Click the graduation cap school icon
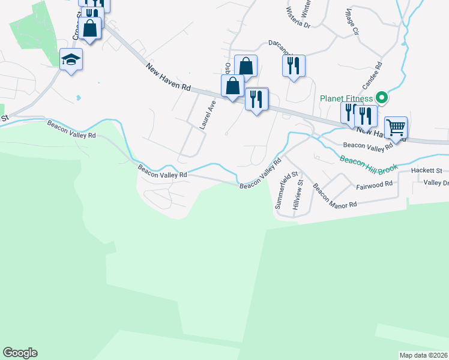[x=71, y=59]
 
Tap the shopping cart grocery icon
[x=396, y=127]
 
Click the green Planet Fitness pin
[x=381, y=97]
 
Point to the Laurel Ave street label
[x=208, y=115]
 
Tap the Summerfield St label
[x=286, y=190]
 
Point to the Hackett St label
[x=426, y=171]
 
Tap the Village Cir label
[x=351, y=22]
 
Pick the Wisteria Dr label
[x=298, y=18]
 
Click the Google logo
[x=20, y=353]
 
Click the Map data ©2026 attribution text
[x=423, y=355]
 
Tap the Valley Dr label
[x=436, y=183]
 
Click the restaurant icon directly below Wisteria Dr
[x=294, y=65]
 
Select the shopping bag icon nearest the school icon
[x=90, y=28]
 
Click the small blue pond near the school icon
[x=78, y=97]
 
